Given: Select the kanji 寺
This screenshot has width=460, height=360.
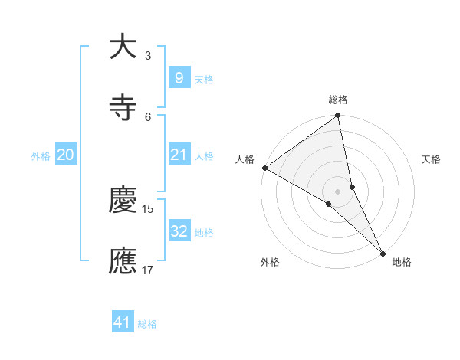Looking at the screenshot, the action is pyautogui.click(x=123, y=108).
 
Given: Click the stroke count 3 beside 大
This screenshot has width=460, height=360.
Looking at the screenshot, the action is pyautogui.click(x=148, y=55).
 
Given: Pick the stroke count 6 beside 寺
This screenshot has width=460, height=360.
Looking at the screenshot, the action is pyautogui.click(x=148, y=116).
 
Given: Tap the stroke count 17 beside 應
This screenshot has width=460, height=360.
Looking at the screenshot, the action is pyautogui.click(x=148, y=270).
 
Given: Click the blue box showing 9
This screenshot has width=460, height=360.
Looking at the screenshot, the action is pyautogui.click(x=179, y=77).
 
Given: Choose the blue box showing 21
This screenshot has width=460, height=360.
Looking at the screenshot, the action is pyautogui.click(x=179, y=155).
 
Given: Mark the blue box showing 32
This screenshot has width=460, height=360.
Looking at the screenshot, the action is pyautogui.click(x=179, y=231).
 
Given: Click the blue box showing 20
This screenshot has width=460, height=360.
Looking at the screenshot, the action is pyautogui.click(x=65, y=155).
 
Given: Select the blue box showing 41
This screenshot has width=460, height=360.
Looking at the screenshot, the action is pyautogui.click(x=123, y=322).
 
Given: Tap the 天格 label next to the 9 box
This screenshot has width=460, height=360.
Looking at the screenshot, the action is pyautogui.click(x=204, y=79).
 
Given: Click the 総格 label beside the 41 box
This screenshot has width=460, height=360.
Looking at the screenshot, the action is pyautogui.click(x=147, y=324).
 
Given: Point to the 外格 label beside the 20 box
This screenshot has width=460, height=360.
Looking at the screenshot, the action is pyautogui.click(x=41, y=156).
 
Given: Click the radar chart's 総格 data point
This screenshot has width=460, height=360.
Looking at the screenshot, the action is pyautogui.click(x=338, y=116).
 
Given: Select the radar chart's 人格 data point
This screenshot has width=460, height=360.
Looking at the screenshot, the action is pyautogui.click(x=264, y=168).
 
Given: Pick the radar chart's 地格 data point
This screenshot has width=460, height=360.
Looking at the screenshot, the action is pyautogui.click(x=383, y=251).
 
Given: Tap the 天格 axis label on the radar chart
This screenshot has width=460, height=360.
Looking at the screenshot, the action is pyautogui.click(x=432, y=159).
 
